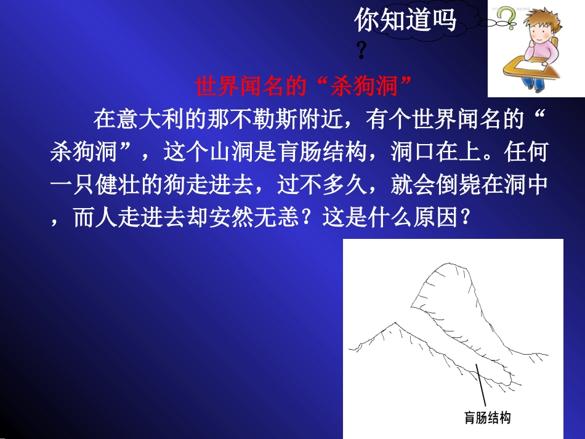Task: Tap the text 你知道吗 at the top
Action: (x=405, y=21)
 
